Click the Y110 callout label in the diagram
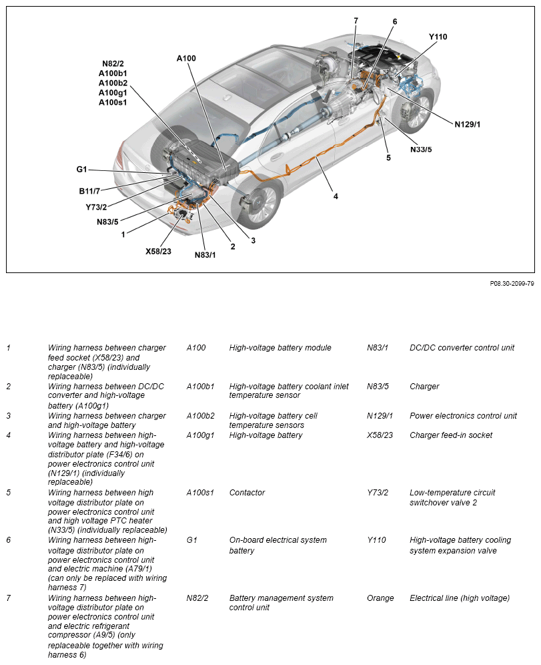438,37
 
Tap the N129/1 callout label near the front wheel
468,124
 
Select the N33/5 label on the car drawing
421,149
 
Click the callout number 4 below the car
336,196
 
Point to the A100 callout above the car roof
186,59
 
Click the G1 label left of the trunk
81,170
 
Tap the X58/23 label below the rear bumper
158,252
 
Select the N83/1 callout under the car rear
205,255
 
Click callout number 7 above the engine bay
356,21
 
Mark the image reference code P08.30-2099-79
512,283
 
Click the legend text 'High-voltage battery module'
280,348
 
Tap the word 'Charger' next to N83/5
424,387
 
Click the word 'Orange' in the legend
380,598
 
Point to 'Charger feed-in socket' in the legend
451,435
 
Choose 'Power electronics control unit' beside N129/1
463,416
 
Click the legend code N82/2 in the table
197,598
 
